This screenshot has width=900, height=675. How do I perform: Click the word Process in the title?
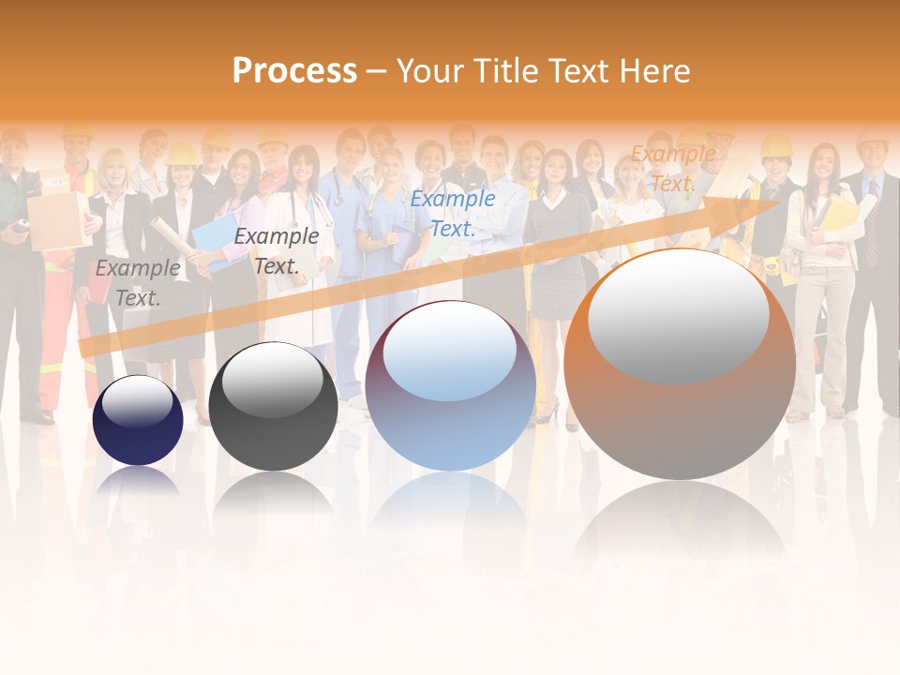click(294, 71)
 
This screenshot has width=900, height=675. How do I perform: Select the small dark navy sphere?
click(138, 421)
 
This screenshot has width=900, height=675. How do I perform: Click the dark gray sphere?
click(273, 408)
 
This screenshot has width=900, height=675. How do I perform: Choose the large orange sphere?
click(680, 366)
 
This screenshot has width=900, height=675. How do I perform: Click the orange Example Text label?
click(672, 169)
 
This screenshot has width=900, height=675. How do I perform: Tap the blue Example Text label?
click(452, 213)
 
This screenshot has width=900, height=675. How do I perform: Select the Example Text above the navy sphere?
click(137, 282)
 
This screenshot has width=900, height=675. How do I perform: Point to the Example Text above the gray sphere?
click(277, 250)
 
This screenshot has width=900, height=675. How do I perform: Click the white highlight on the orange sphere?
click(678, 315)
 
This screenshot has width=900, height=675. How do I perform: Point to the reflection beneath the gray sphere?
click(273, 497)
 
